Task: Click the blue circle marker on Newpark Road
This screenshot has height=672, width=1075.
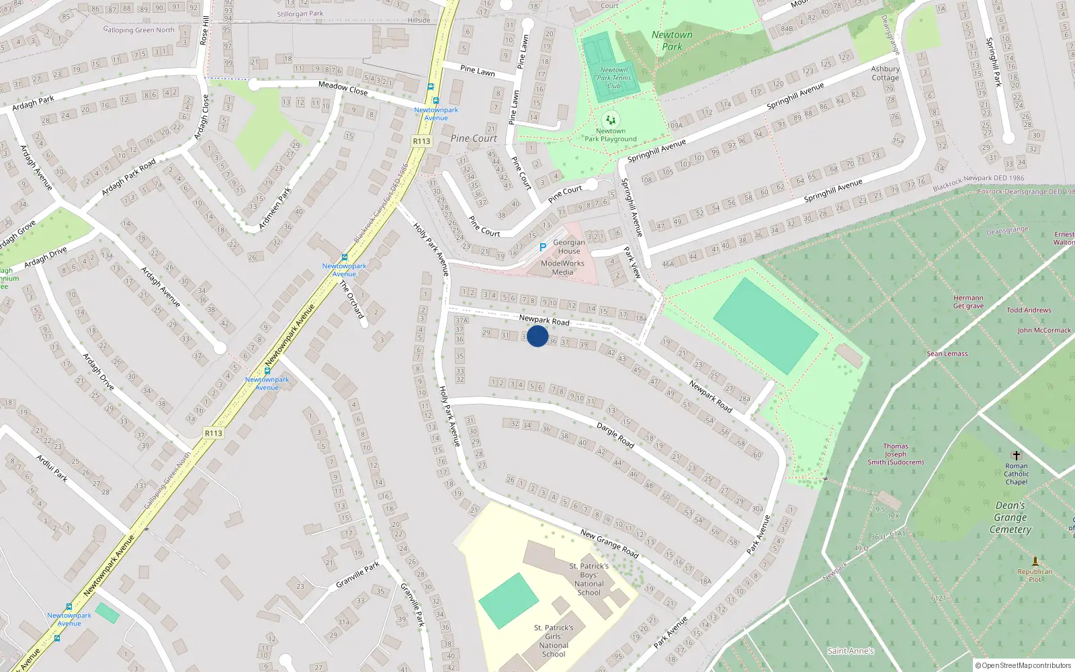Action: (x=537, y=336)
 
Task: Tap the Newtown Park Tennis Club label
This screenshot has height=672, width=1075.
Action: (x=614, y=78)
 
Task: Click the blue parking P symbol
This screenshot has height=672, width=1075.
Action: (x=543, y=247)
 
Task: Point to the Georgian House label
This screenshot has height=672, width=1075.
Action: (x=569, y=247)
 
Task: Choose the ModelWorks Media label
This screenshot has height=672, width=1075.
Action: (x=562, y=267)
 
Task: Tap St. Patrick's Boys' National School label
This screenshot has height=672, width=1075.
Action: (x=589, y=579)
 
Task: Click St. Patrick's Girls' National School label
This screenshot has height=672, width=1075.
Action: (x=554, y=641)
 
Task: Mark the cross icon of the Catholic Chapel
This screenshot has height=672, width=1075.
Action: (x=1016, y=455)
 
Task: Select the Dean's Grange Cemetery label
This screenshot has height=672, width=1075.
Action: (x=1010, y=517)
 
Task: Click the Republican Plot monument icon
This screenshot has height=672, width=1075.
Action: (x=1035, y=560)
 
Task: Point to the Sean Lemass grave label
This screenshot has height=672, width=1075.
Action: (x=947, y=353)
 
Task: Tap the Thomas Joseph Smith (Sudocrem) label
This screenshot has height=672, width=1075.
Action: (x=896, y=454)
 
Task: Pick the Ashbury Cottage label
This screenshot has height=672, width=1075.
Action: (x=886, y=73)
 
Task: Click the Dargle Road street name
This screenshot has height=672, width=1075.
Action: (x=615, y=435)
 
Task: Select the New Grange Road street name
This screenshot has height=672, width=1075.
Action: (x=609, y=544)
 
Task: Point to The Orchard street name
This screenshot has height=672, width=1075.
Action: (x=351, y=299)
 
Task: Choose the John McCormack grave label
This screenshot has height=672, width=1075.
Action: (x=1044, y=331)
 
